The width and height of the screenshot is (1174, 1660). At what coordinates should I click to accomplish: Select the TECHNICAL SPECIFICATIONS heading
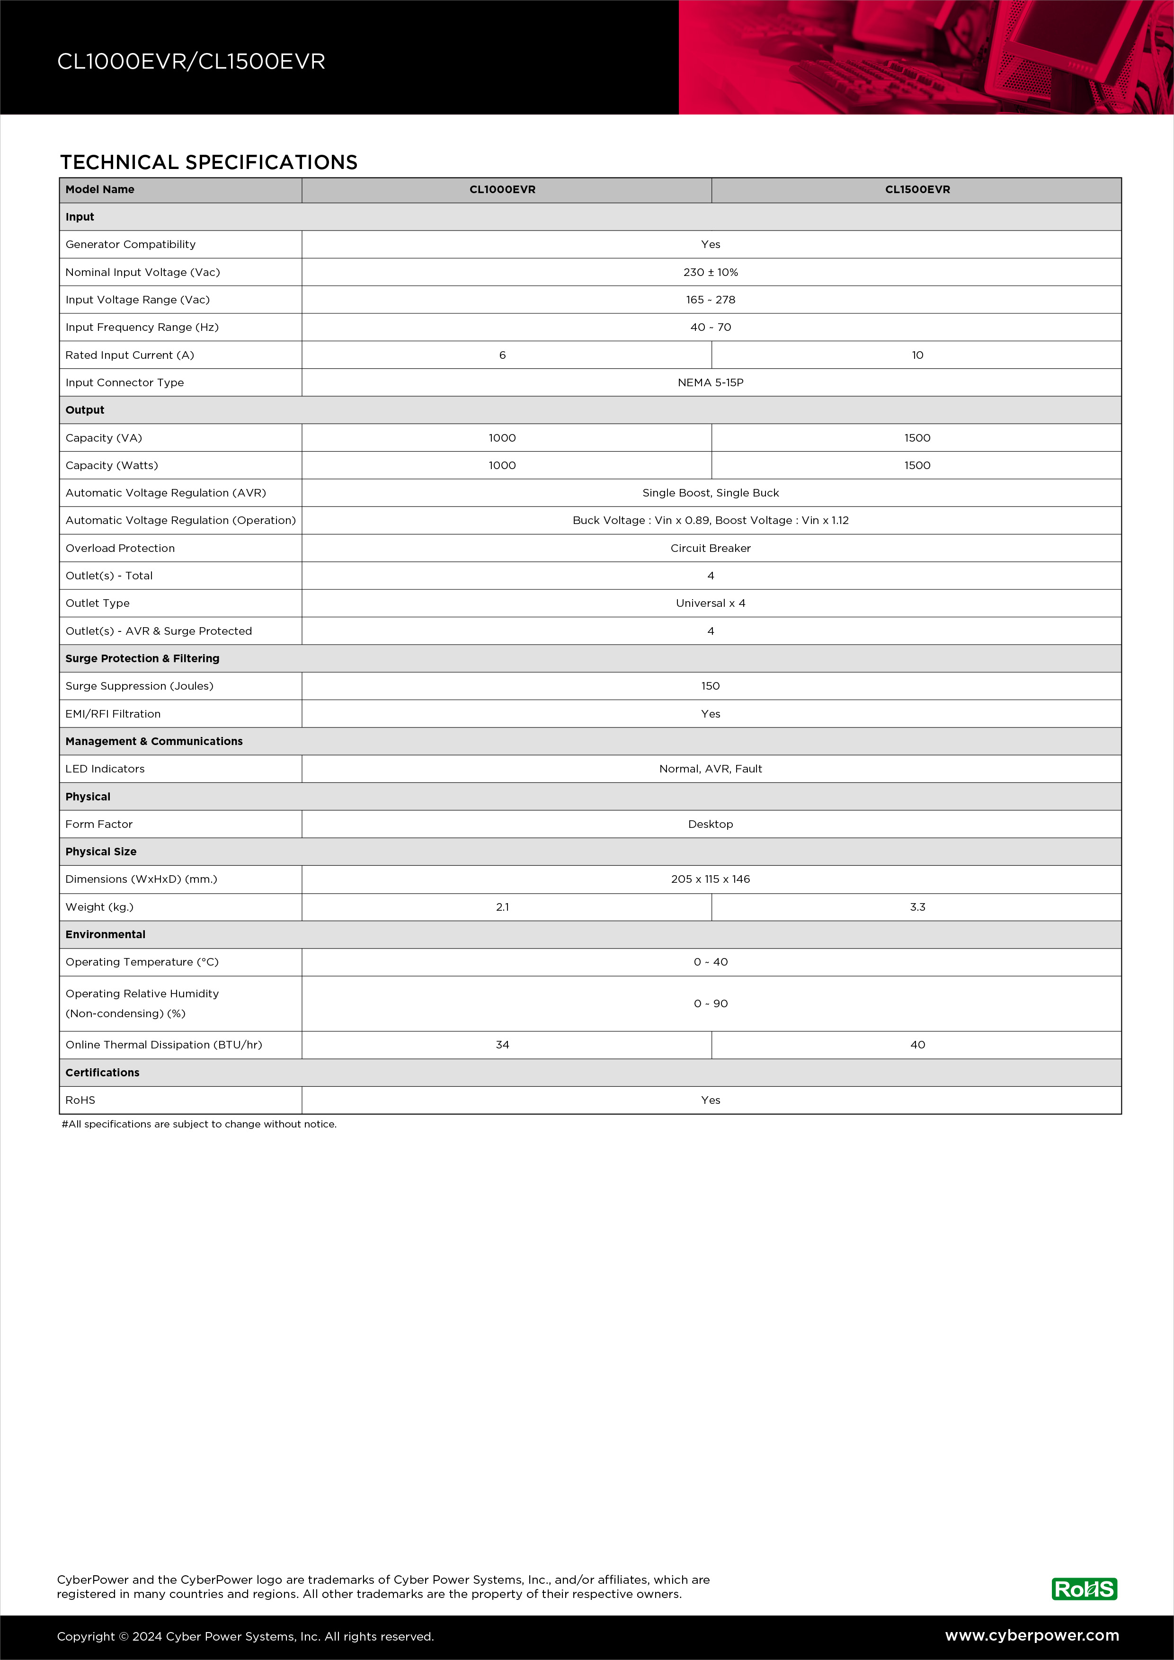209,162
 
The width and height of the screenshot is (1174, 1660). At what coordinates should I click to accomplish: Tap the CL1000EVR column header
502,189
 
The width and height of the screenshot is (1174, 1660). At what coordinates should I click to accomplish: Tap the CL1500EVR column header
917,189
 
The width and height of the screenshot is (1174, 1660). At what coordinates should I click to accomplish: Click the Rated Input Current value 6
502,355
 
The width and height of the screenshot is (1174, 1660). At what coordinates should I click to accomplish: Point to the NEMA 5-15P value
711,382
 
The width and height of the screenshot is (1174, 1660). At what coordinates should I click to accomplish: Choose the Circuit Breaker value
711,548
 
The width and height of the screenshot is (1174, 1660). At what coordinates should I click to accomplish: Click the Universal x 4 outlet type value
711,603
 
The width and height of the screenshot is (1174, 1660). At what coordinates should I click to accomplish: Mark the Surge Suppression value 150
711,686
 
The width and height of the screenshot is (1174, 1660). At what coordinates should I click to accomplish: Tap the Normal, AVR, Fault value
711,769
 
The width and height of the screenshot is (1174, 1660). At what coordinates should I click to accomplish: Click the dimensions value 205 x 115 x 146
711,879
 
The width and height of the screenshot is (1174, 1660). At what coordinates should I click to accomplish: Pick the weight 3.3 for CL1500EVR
917,906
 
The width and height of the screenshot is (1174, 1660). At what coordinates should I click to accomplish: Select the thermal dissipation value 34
502,1045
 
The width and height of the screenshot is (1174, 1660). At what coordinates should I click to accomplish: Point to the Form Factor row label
99,824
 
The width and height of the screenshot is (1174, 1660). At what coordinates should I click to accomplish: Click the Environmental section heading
106,934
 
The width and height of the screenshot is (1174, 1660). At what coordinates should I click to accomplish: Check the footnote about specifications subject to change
199,1124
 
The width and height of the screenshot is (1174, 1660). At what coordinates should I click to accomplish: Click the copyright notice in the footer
246,1636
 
